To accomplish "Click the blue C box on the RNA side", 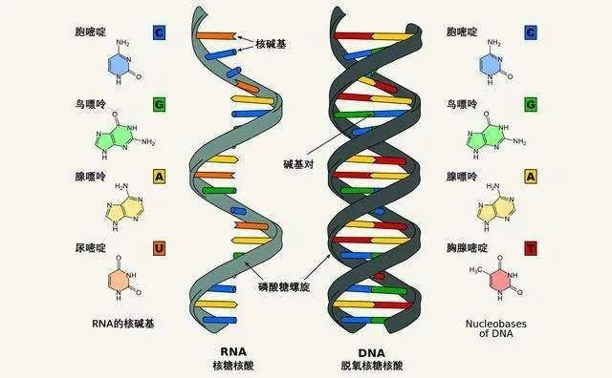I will coord(159,33).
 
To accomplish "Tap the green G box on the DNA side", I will coord(530,104).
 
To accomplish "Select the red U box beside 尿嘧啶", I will coord(159,248).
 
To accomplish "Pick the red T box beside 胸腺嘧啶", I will coord(530,248).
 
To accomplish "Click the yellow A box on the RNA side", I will coord(159,177).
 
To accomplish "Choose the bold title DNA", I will coord(358,350).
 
